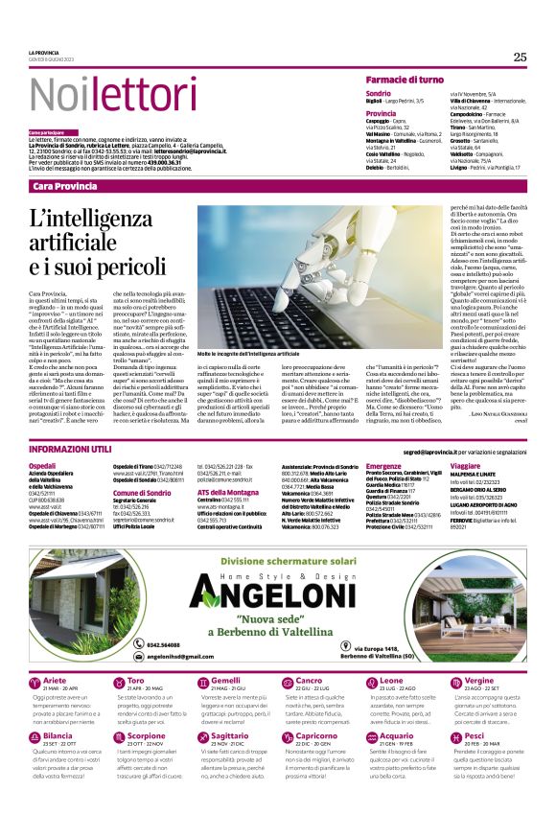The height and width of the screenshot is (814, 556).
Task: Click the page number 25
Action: [520, 57]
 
